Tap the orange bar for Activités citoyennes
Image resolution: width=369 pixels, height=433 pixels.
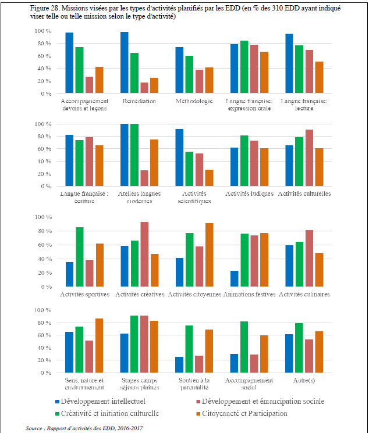coord(208,255)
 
